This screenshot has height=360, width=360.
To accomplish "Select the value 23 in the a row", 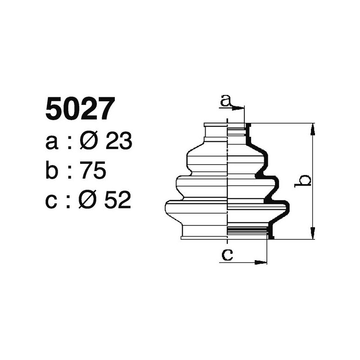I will coord(118,142).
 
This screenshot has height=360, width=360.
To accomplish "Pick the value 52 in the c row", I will coord(117,201).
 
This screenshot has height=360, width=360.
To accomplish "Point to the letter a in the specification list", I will coord(52,144).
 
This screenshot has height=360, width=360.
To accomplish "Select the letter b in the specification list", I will coord(52,171).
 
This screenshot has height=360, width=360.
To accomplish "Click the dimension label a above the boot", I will coord(226,101).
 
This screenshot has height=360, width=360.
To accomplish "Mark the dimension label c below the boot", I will coord(227,255).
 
